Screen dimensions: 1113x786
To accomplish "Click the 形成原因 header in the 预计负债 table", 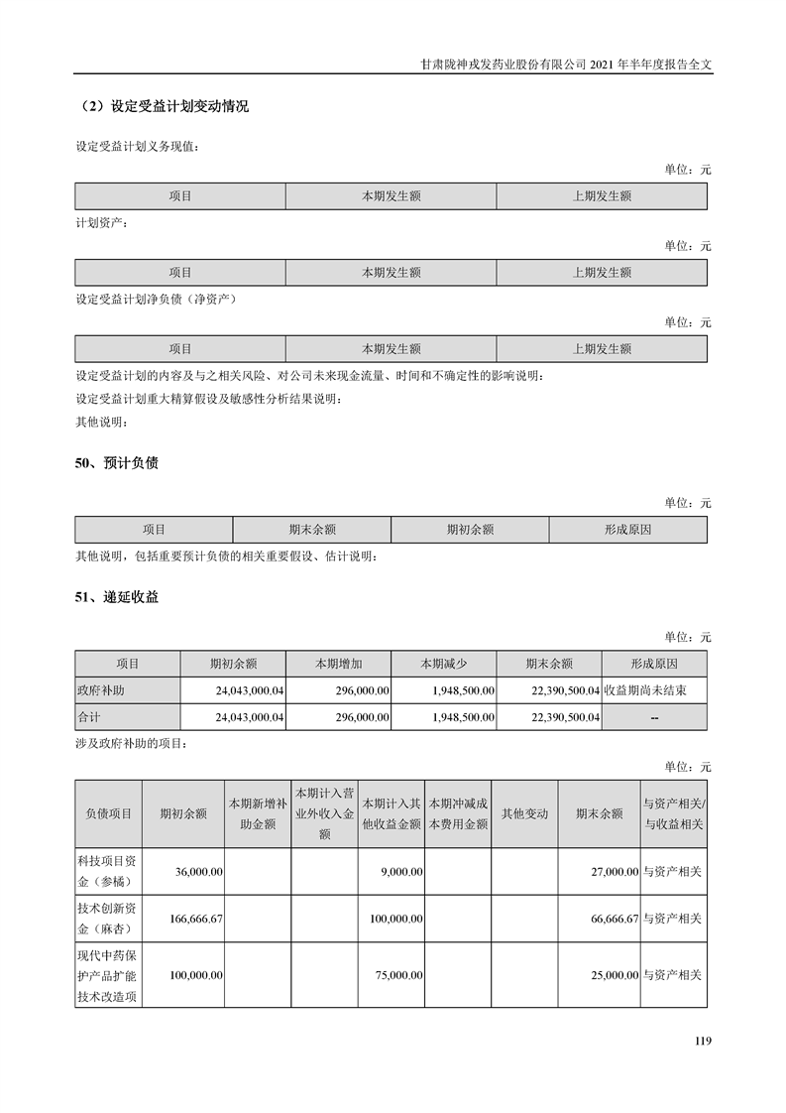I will pos(627,530).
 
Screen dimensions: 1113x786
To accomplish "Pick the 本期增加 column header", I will pos(338,664).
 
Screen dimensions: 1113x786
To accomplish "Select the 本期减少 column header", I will pos(443,664).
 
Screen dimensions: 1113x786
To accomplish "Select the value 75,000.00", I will pos(400,975).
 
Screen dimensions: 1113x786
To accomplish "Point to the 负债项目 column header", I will pos(108,813).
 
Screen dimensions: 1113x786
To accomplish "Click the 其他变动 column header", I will pos(524,813).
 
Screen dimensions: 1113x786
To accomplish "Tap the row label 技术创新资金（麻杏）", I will pos(108,920).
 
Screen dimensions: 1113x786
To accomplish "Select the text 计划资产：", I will pos(102,222).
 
